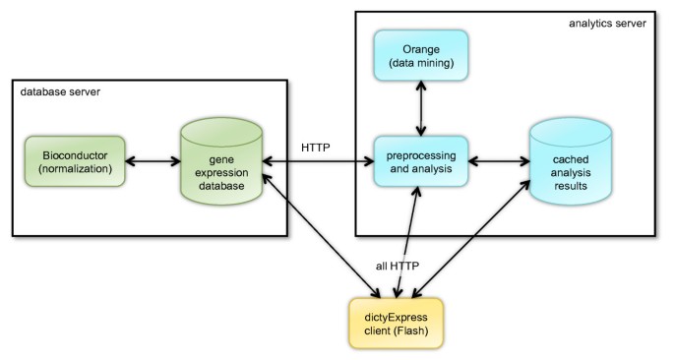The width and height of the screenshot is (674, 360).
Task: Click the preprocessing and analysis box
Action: click(421, 160)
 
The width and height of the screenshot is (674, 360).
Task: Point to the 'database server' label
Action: click(60, 91)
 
